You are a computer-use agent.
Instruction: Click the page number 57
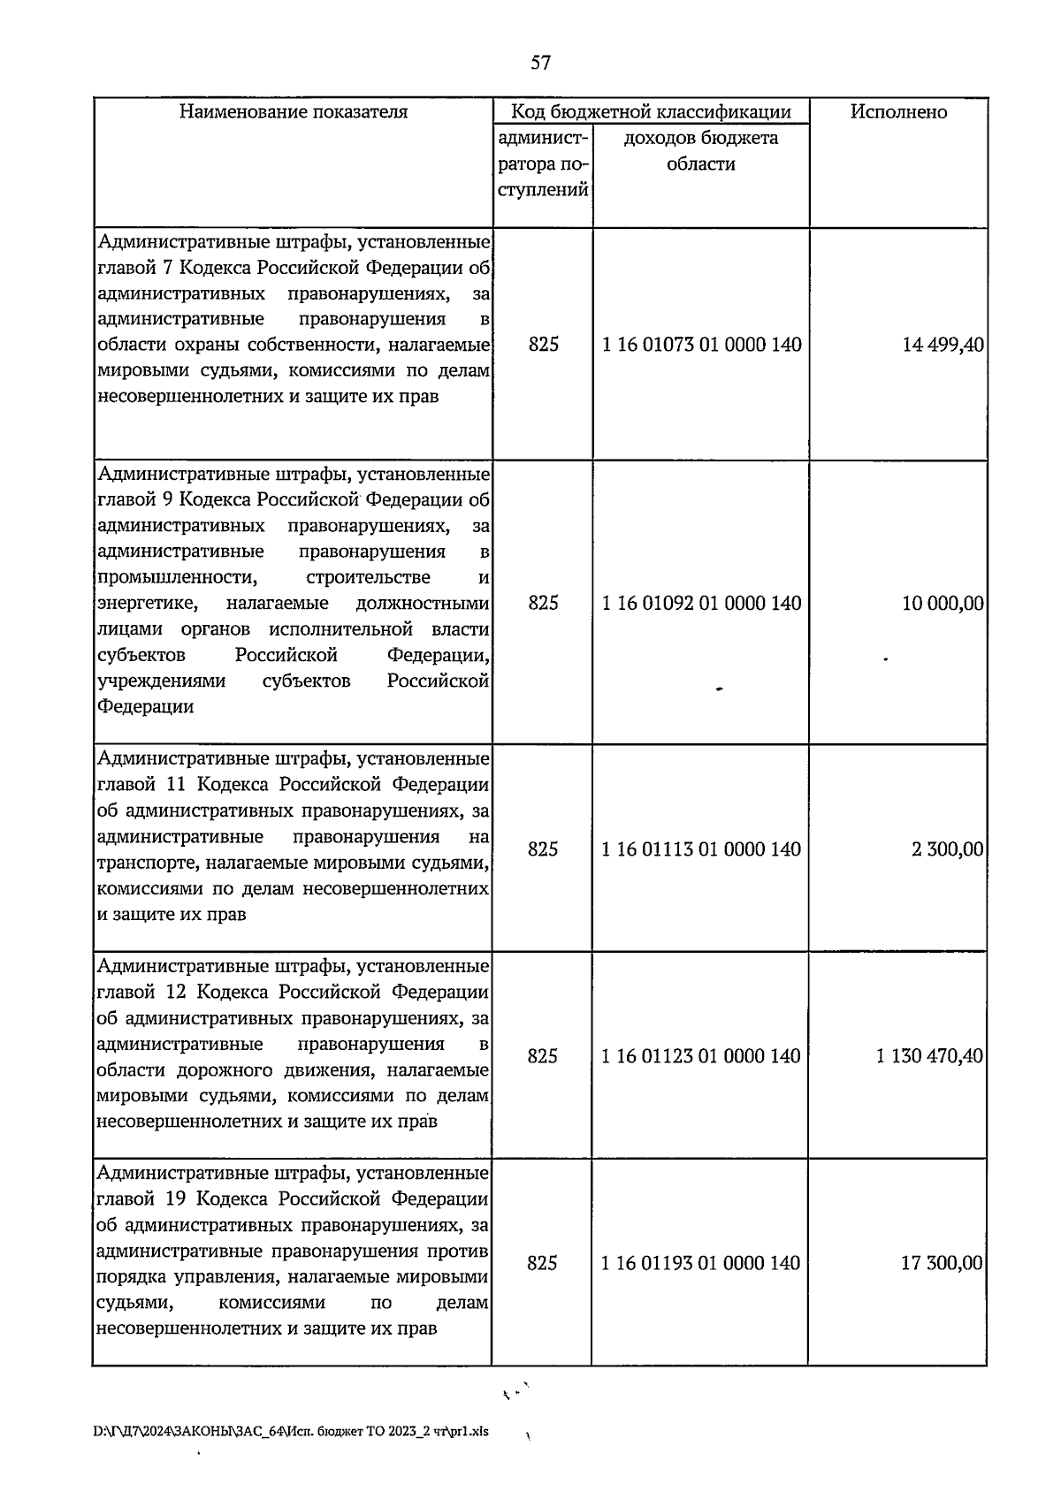tap(541, 62)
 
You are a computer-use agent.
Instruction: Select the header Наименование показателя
tap(294, 112)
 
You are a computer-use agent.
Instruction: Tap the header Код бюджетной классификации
tap(652, 112)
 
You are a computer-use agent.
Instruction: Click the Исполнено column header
tap(898, 112)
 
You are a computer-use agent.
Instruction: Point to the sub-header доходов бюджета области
tap(701, 151)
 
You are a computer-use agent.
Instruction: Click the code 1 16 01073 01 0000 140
tap(702, 345)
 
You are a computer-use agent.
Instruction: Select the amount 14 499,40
tap(943, 345)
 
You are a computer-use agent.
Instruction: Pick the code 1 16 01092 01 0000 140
tap(702, 603)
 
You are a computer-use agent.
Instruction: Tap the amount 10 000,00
tap(943, 603)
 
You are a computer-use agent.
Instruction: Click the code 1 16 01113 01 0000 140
tap(701, 849)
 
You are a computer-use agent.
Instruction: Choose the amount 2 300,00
tap(948, 849)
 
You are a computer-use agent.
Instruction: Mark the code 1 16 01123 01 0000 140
tap(701, 1056)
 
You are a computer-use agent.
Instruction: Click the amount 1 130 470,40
tap(930, 1056)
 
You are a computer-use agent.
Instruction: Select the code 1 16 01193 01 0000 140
tap(701, 1263)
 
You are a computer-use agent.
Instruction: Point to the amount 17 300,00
tap(942, 1263)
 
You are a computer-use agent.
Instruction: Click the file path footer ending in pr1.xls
tap(291, 1431)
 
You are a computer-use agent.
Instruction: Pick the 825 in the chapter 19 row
tap(542, 1263)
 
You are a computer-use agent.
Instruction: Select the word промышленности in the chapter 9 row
tap(177, 578)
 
